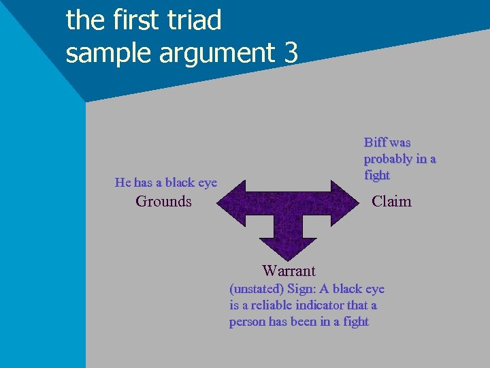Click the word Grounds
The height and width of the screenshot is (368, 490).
(x=163, y=201)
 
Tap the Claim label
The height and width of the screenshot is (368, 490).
(x=391, y=201)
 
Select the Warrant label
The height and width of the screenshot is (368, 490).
(x=289, y=271)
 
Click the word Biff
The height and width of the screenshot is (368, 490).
(x=375, y=142)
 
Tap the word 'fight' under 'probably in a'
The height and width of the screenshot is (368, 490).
(x=377, y=175)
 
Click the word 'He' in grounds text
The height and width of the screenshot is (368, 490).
(x=122, y=182)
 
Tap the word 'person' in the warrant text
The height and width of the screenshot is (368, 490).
(x=248, y=322)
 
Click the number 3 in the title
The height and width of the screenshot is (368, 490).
(x=291, y=52)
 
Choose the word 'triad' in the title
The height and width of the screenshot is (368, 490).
(x=197, y=20)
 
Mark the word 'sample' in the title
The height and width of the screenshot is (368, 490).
(x=109, y=52)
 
